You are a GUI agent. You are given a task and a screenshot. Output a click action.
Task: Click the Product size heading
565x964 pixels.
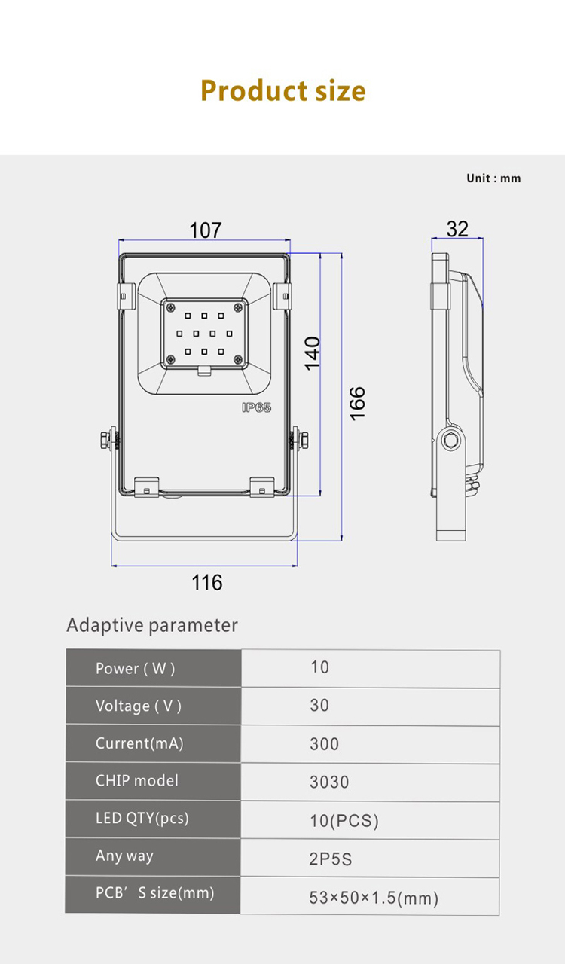point(283,91)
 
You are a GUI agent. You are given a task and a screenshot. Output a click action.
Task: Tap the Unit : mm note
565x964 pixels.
point(493,178)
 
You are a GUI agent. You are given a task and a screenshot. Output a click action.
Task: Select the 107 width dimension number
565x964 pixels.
point(206,230)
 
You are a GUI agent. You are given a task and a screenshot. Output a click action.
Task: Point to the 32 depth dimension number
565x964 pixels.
point(457,229)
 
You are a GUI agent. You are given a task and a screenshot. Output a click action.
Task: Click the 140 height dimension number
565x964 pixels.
point(313,353)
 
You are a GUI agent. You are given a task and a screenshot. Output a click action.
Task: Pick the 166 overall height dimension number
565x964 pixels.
point(357,404)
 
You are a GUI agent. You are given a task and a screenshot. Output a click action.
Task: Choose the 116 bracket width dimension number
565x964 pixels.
point(206,583)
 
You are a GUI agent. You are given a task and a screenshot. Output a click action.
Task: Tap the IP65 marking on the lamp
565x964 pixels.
point(257,407)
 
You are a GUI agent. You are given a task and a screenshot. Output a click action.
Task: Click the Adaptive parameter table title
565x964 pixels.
point(152,625)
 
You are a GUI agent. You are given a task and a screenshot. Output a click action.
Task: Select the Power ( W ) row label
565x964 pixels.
point(135,668)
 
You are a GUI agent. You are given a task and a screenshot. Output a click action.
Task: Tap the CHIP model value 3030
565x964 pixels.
point(329,782)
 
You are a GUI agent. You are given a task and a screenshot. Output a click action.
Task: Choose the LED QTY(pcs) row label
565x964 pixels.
point(142,818)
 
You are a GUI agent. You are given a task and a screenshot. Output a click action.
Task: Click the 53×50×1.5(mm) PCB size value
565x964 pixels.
point(374,898)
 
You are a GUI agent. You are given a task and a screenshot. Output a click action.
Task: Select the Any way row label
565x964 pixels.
point(124,856)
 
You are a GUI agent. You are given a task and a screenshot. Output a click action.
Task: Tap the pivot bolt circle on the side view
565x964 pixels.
point(451,440)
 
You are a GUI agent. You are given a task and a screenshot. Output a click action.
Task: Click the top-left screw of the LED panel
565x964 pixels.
point(172,307)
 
